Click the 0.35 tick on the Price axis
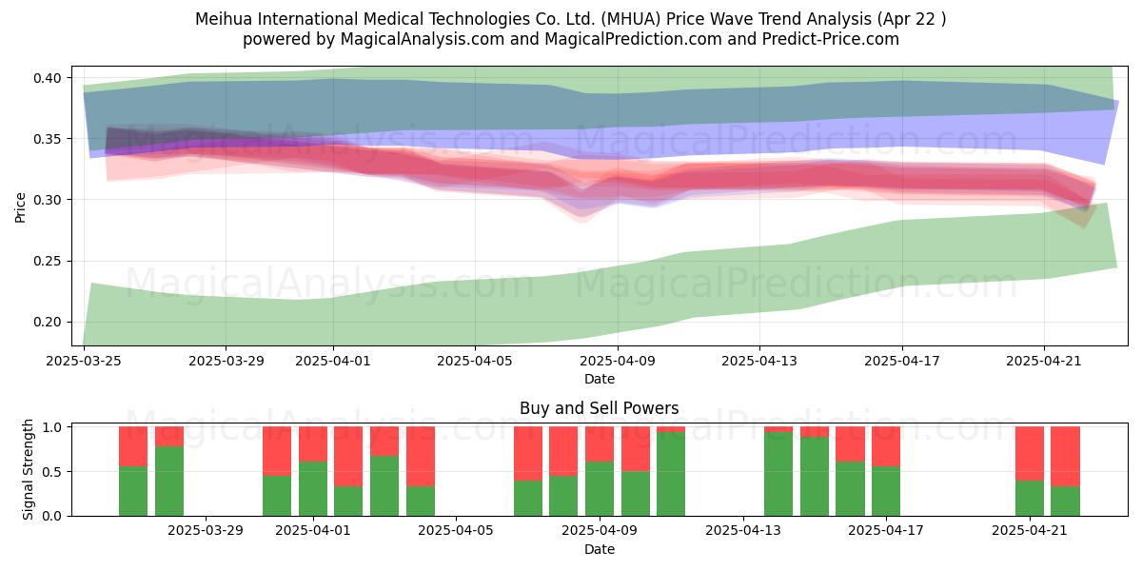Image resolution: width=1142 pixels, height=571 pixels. click(x=47, y=139)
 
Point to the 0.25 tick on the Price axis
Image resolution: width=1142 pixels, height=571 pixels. click(x=47, y=261)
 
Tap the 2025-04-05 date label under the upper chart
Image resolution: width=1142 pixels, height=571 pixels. click(x=475, y=361)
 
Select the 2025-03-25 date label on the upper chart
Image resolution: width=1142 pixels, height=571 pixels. click(x=84, y=361)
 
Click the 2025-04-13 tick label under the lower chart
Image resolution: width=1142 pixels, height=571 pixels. click(x=743, y=531)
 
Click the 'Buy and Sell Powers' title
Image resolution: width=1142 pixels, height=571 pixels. click(x=599, y=408)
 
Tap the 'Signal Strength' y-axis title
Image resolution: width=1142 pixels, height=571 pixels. click(x=28, y=469)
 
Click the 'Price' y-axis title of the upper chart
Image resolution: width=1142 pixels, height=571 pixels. click(x=20, y=207)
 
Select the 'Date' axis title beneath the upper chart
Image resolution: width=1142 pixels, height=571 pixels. click(x=599, y=380)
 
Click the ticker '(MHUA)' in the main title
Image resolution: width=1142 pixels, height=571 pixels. click(x=631, y=19)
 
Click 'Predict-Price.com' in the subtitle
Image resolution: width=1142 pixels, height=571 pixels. click(x=831, y=39)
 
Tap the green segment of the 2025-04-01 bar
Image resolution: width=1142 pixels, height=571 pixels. click(x=312, y=489)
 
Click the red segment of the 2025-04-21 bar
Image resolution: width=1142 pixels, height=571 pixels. click(x=1030, y=454)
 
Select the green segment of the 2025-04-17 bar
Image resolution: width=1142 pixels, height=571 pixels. click(x=886, y=491)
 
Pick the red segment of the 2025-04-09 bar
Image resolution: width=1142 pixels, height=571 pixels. click(x=599, y=444)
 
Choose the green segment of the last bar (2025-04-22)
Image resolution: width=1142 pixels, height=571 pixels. click(x=1065, y=502)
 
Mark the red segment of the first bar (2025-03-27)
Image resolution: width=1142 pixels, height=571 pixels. click(x=133, y=446)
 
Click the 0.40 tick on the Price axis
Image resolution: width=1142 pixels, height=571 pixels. click(x=47, y=78)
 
